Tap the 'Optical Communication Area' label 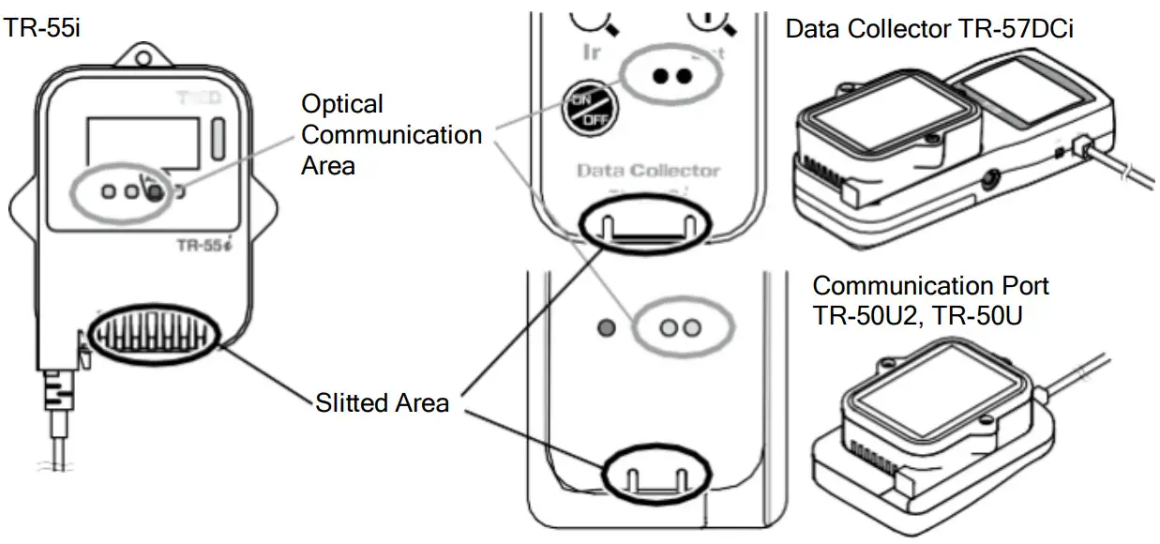[392, 134]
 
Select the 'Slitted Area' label [382, 403]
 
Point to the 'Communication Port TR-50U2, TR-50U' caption [930, 300]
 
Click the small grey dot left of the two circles [606, 328]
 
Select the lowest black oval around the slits [651, 474]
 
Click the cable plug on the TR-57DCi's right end [1085, 149]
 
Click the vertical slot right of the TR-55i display [218, 138]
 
